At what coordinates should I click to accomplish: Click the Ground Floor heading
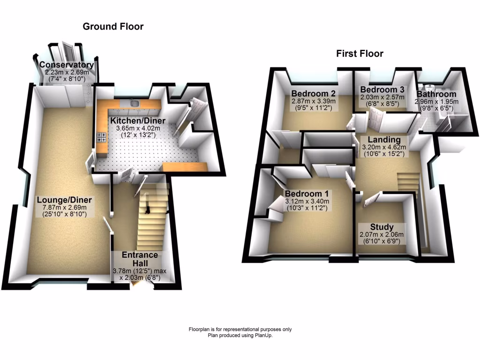113,27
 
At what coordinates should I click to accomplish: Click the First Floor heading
360,53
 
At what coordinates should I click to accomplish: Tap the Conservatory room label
66,65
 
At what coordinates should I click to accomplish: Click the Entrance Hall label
140,259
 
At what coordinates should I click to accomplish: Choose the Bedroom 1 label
307,194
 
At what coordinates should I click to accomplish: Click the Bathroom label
435,94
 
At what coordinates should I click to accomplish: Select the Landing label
384,140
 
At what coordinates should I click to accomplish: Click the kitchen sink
135,103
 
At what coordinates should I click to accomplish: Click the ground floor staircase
152,216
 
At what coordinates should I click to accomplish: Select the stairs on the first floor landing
406,183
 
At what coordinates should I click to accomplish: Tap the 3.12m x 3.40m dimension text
307,202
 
